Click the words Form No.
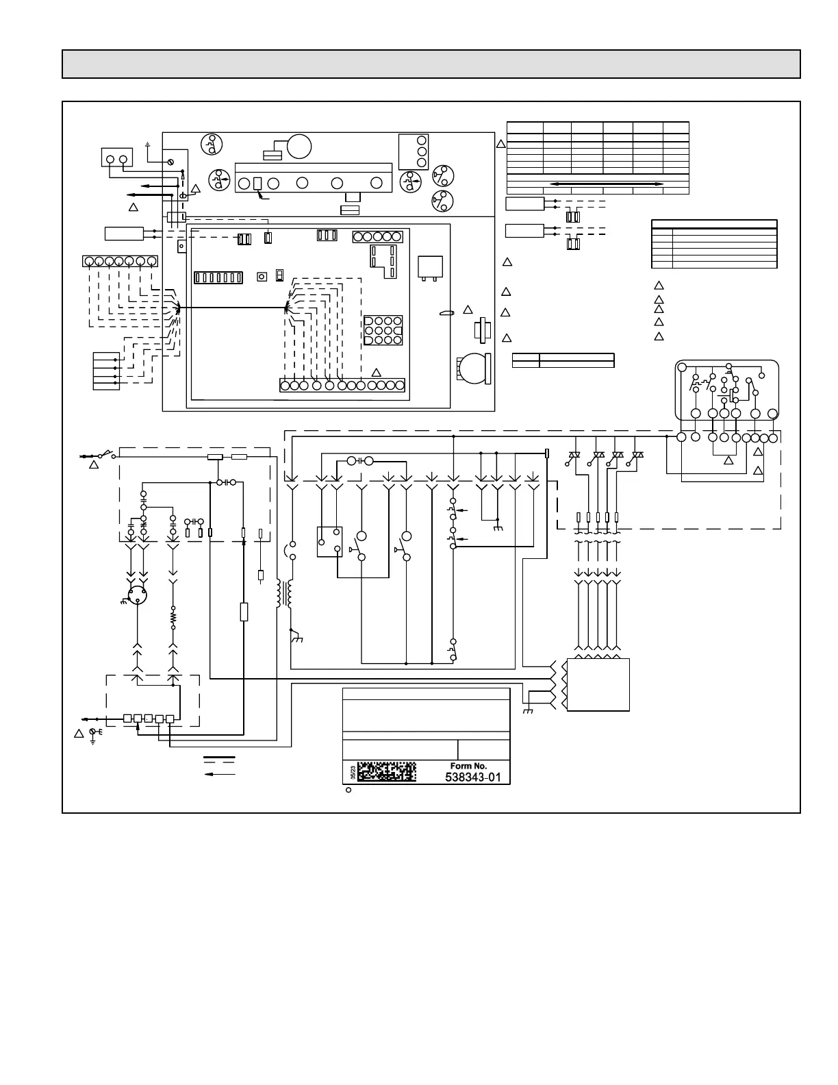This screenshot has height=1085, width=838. (x=468, y=765)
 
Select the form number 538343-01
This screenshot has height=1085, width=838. (x=473, y=777)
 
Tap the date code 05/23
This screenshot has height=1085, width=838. (x=352, y=773)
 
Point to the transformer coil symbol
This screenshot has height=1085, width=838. (x=283, y=595)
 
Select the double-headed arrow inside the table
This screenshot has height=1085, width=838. (x=607, y=184)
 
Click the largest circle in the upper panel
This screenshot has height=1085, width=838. (x=299, y=147)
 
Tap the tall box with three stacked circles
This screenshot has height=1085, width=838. (x=414, y=151)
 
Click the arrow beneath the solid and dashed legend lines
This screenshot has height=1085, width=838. (x=220, y=773)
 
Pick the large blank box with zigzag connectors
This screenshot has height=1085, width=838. (x=598, y=685)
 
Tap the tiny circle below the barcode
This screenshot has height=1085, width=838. (x=348, y=790)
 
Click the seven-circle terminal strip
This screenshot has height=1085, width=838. (x=120, y=261)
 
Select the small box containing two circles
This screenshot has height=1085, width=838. (x=116, y=158)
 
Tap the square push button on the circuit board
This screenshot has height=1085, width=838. (x=262, y=277)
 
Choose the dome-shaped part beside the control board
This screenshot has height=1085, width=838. (x=472, y=369)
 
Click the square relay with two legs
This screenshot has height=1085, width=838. (x=430, y=267)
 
